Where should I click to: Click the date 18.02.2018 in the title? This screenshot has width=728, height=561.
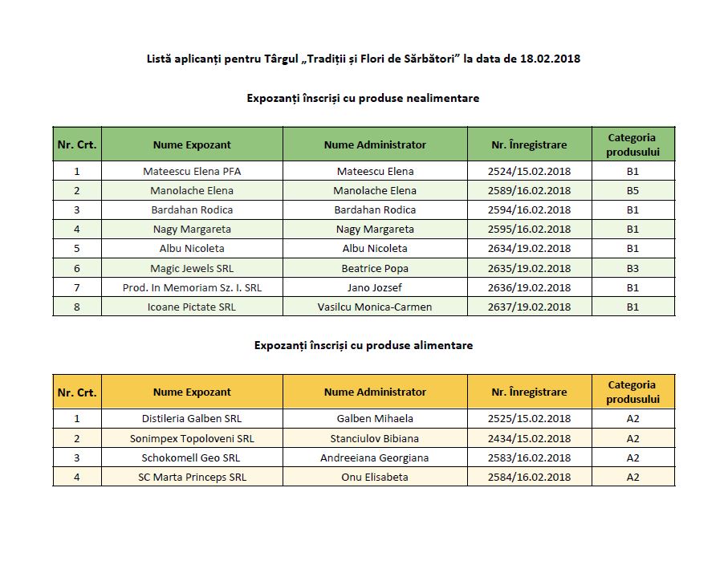pyautogui.click(x=550, y=59)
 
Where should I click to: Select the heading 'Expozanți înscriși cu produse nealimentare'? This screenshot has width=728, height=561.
pyautogui.click(x=363, y=98)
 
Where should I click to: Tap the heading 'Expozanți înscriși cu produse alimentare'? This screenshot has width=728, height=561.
pyautogui.click(x=363, y=345)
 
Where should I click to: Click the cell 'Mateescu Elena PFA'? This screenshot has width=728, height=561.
pyautogui.click(x=192, y=171)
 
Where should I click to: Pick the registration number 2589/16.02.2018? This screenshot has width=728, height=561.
pyautogui.click(x=529, y=190)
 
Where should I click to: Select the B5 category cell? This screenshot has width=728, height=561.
pyautogui.click(x=632, y=190)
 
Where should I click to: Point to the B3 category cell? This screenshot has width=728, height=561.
pyautogui.click(x=632, y=268)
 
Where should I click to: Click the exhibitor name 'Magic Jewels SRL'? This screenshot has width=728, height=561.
pyautogui.click(x=192, y=268)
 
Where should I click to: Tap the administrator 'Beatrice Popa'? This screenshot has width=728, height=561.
pyautogui.click(x=375, y=268)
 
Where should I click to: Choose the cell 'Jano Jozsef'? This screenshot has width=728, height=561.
pyautogui.click(x=375, y=287)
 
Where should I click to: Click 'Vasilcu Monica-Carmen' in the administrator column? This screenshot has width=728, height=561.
pyautogui.click(x=375, y=307)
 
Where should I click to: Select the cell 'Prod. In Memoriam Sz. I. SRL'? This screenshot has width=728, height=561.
pyautogui.click(x=192, y=287)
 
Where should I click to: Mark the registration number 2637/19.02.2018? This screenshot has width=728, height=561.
pyautogui.click(x=529, y=307)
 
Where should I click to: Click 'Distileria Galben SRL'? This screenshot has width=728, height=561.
pyautogui.click(x=192, y=418)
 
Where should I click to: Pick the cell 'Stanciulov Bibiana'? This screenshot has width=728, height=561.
pyautogui.click(x=375, y=438)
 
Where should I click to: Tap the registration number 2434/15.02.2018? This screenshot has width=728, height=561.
pyautogui.click(x=529, y=438)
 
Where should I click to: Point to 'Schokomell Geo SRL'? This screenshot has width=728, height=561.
pyautogui.click(x=192, y=457)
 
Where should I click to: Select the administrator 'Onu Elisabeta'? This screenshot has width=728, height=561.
pyautogui.click(x=375, y=477)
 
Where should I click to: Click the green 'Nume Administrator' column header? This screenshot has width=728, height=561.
pyautogui.click(x=375, y=144)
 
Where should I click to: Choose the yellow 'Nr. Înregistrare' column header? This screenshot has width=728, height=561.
pyautogui.click(x=529, y=392)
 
